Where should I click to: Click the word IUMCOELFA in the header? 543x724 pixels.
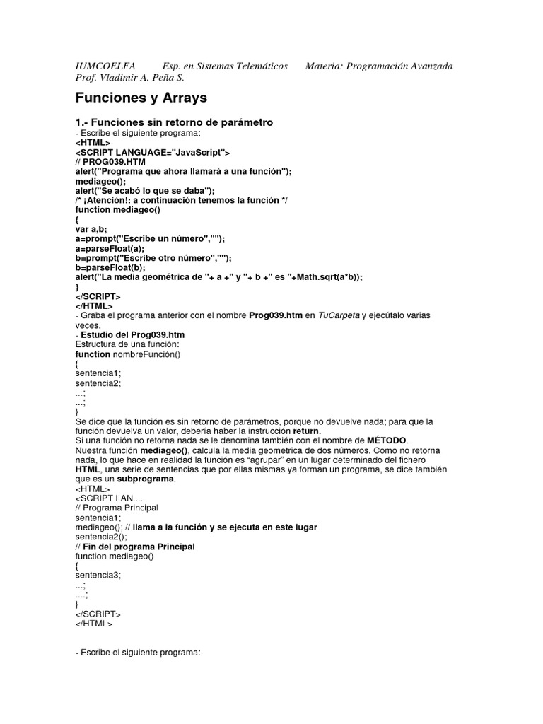point(105,66)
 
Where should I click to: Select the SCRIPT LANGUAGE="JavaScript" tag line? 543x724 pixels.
point(152,151)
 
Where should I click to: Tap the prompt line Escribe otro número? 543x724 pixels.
point(153,258)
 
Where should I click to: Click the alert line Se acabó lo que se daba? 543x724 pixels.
point(154,190)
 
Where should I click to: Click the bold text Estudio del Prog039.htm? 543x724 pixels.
point(134,334)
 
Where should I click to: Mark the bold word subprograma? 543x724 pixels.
point(146,479)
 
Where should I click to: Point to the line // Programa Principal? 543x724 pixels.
point(117,508)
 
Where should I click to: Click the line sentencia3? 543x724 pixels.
point(98,575)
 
